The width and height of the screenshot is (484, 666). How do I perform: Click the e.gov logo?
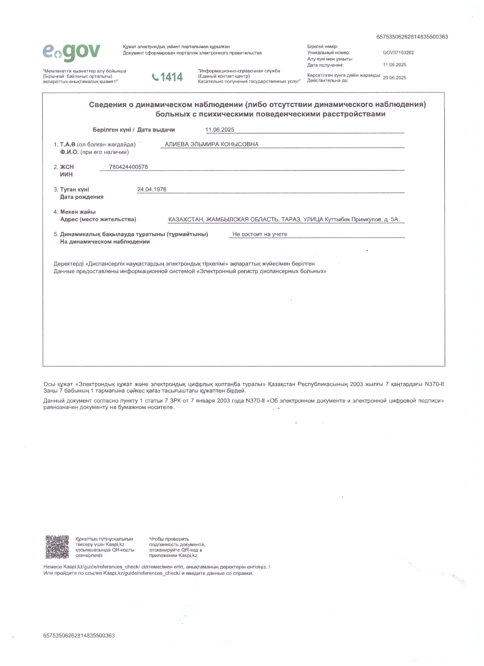(72, 52)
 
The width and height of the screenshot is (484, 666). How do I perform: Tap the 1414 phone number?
(171, 77)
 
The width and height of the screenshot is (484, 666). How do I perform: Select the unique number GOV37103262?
(398, 53)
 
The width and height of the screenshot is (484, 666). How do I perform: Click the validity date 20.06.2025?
(394, 78)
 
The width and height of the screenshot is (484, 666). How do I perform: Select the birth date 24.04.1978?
(152, 189)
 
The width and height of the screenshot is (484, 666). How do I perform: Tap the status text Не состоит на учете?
(259, 235)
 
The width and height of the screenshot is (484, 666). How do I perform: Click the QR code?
(57, 547)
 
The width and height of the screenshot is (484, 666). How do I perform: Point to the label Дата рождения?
(82, 197)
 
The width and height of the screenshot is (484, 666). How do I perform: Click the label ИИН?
(66, 175)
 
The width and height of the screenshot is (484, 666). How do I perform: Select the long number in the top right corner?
(412, 37)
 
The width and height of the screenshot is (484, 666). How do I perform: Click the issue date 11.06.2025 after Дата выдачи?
(220, 130)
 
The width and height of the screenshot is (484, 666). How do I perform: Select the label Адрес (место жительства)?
(98, 219)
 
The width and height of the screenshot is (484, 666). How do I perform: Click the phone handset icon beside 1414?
(155, 77)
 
